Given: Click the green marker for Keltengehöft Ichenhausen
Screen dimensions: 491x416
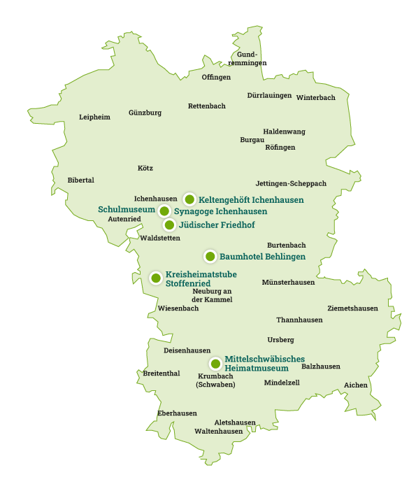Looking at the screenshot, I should pos(189,199).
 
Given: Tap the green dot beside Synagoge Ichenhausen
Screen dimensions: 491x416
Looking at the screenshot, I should pos(164,211).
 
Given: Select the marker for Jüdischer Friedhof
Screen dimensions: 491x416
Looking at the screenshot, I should pos(169,225).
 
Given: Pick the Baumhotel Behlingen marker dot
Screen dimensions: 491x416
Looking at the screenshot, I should pos(210,256).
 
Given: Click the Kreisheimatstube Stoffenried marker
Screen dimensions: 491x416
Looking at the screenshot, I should pos(156,278).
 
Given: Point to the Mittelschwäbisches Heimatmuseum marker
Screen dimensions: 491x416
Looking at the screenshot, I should pos(215,364).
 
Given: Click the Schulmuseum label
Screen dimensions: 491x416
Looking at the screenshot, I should pos(127,209).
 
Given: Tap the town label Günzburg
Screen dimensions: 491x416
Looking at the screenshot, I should pos(145,113).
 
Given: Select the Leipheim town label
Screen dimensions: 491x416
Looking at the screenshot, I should pos(94,117).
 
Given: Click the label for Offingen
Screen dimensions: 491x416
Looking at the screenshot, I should pos(216,77).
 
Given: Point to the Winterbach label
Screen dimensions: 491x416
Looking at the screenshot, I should pos(315,98).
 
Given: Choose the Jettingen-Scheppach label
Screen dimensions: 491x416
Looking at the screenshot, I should pos(291,183).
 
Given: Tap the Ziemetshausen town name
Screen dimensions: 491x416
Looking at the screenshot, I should pos(352,308).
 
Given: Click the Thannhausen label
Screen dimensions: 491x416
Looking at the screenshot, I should pos(299,320).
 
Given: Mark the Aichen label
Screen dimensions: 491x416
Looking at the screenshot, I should pos(356,385).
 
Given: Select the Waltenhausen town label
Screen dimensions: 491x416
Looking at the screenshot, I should pos(218,432).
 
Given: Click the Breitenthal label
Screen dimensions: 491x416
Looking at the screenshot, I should pos(162,373).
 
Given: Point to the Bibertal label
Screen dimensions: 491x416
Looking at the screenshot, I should pos(80,180).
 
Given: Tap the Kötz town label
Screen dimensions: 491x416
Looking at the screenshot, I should pos(145,168).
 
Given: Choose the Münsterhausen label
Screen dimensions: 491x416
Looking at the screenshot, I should pos(288,283).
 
